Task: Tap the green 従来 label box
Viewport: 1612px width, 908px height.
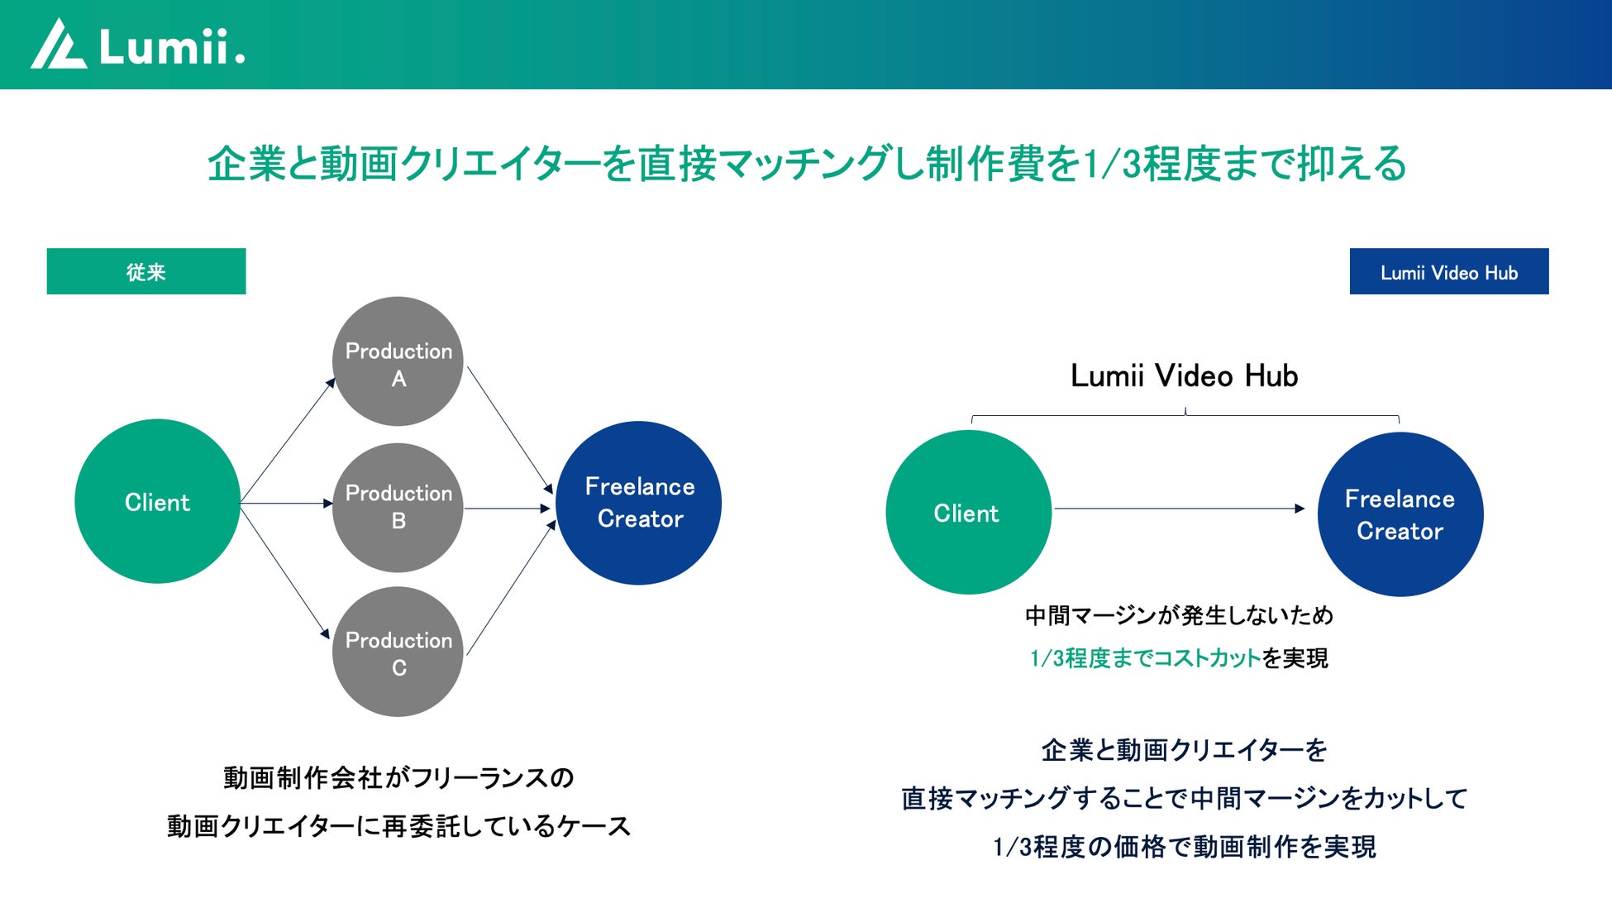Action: point(146,271)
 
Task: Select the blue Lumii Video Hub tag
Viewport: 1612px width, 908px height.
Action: point(1448,271)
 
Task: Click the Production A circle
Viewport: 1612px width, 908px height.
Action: point(398,361)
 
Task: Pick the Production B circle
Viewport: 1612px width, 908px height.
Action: point(398,507)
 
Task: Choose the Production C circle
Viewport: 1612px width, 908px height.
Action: point(398,652)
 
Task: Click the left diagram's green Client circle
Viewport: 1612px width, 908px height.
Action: point(157,501)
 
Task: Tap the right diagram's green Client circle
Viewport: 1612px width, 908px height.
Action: point(967,513)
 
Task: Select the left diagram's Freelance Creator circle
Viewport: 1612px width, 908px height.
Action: point(639,503)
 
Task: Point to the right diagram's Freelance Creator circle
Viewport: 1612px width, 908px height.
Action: point(1400,514)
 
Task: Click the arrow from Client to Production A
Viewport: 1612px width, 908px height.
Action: point(288,439)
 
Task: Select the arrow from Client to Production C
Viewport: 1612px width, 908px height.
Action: point(285,571)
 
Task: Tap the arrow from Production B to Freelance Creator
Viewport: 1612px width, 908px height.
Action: point(506,509)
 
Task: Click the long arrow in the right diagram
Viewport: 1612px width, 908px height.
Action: point(1178,509)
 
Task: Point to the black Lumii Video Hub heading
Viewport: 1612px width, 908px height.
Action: point(1184,376)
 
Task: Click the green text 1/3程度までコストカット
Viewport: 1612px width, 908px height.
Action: point(1145,658)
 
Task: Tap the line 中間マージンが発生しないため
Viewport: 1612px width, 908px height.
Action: point(1179,615)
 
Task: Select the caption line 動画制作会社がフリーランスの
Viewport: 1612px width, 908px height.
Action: point(398,777)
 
